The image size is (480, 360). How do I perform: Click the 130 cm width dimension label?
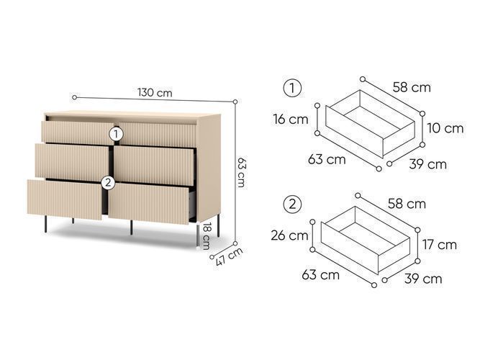tap(155, 92)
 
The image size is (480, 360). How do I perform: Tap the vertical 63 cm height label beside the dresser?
tap(242, 172)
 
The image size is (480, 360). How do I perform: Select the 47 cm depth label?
tap(229, 256)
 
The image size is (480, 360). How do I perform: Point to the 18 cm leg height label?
tap(207, 236)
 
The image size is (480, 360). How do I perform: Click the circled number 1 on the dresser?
tap(116, 134)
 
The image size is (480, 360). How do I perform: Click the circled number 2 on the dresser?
tap(108, 183)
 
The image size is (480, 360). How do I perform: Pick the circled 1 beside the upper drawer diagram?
tap(292, 89)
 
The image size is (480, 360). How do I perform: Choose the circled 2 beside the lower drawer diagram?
tap(292, 204)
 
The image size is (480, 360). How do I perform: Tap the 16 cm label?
tap(291, 120)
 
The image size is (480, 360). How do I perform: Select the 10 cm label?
tap(445, 128)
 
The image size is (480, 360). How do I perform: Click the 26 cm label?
tap(289, 235)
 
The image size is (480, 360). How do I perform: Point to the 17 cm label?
tap(440, 245)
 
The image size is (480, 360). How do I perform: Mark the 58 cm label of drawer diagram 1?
tap(412, 87)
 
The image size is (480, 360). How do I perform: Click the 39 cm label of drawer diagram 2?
tap(423, 279)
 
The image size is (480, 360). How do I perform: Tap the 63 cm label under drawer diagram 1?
tap(327, 159)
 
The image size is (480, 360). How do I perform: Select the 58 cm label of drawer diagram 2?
tap(407, 204)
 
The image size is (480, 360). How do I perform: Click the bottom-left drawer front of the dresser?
tap(65, 199)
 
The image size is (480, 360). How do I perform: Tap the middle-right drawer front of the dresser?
tap(154, 166)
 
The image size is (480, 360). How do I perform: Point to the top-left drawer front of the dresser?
tap(78, 132)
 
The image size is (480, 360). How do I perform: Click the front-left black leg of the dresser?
tap(45, 224)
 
